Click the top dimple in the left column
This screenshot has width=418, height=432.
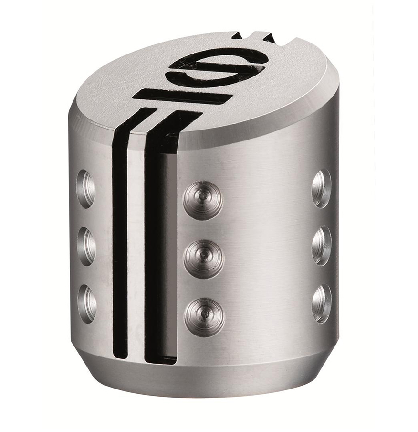86,189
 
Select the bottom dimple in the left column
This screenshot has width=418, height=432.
87,303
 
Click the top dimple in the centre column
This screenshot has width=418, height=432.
203,200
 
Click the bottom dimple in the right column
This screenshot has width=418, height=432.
322,303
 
